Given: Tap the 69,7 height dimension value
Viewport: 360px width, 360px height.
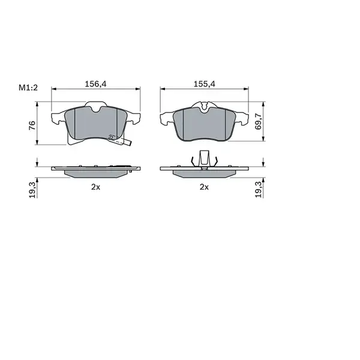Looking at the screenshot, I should click(x=259, y=121).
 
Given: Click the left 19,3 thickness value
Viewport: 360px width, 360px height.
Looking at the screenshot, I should click(x=32, y=188).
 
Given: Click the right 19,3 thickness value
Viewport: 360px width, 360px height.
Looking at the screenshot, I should click(x=259, y=188).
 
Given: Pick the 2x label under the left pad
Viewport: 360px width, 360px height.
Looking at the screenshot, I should click(x=95, y=187).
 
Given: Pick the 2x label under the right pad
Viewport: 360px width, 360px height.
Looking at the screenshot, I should click(x=204, y=187).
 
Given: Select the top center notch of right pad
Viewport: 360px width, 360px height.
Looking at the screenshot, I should click(x=205, y=108).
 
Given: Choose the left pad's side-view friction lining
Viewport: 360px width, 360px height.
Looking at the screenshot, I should click(x=96, y=173).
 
